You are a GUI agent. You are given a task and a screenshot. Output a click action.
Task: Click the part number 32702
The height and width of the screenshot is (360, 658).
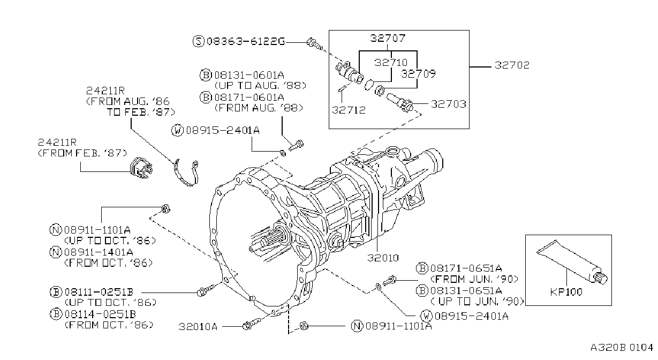point(512,65)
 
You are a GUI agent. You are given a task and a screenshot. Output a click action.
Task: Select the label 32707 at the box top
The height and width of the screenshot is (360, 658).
point(388,38)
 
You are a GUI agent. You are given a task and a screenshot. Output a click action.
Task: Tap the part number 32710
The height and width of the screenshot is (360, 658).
point(391,62)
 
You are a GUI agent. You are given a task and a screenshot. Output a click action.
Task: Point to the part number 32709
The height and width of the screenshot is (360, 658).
point(418,73)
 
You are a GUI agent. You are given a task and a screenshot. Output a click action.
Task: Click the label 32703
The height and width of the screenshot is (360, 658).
point(449,104)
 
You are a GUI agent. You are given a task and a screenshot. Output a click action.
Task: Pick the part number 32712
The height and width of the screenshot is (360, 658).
point(349,110)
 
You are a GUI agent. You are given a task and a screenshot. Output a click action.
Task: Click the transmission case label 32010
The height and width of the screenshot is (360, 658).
point(383,258)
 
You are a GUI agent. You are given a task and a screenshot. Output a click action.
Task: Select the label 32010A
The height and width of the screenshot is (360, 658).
point(198,326)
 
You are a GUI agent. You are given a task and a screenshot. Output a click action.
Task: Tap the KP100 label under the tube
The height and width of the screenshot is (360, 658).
point(566,292)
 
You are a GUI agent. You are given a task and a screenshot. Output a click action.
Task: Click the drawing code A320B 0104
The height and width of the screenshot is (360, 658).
point(622,348)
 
